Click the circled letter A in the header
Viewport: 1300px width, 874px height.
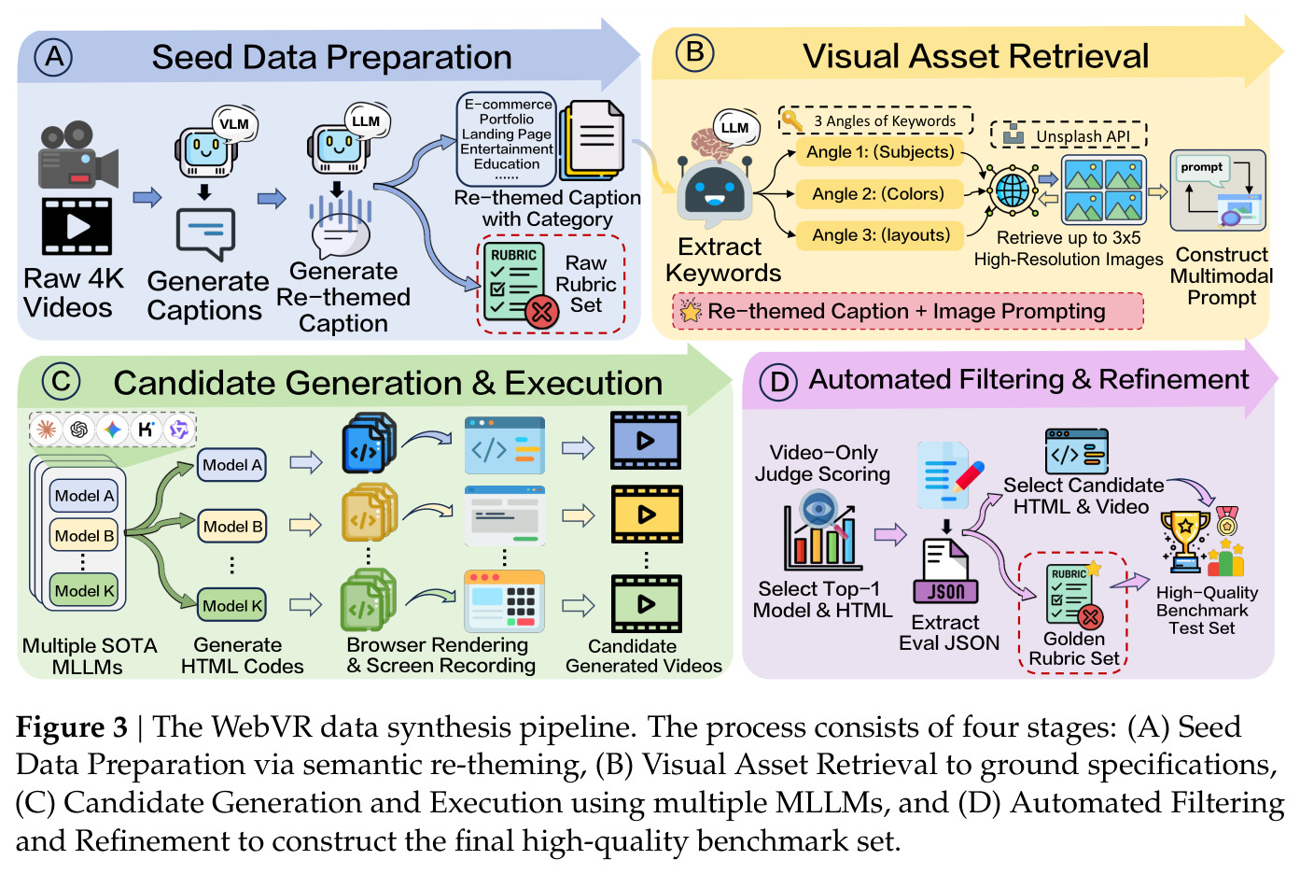pyautogui.click(x=53, y=58)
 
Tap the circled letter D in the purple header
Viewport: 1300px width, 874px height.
pyautogui.click(x=779, y=382)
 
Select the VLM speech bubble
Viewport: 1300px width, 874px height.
pyautogui.click(x=234, y=123)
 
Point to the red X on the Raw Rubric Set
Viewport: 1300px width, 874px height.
pyautogui.click(x=541, y=313)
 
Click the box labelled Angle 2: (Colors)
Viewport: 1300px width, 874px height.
pyautogui.click(x=879, y=193)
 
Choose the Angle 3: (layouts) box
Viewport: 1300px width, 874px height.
pyautogui.click(x=880, y=235)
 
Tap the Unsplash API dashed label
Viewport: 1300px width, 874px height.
pyautogui.click(x=1069, y=135)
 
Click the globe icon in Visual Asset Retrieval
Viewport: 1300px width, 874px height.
pyautogui.click(x=1013, y=190)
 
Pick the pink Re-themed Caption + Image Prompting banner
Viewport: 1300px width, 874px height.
pyautogui.click(x=908, y=311)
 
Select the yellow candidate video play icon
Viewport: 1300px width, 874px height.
pyautogui.click(x=647, y=515)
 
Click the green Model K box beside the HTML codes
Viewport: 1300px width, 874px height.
pyautogui.click(x=232, y=605)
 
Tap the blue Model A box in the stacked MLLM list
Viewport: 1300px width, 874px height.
pyautogui.click(x=85, y=496)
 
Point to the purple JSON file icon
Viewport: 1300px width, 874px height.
pyautogui.click(x=944, y=571)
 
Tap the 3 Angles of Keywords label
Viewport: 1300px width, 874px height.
pyautogui.click(x=875, y=120)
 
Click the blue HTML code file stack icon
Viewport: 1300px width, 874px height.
pyautogui.click(x=369, y=443)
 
